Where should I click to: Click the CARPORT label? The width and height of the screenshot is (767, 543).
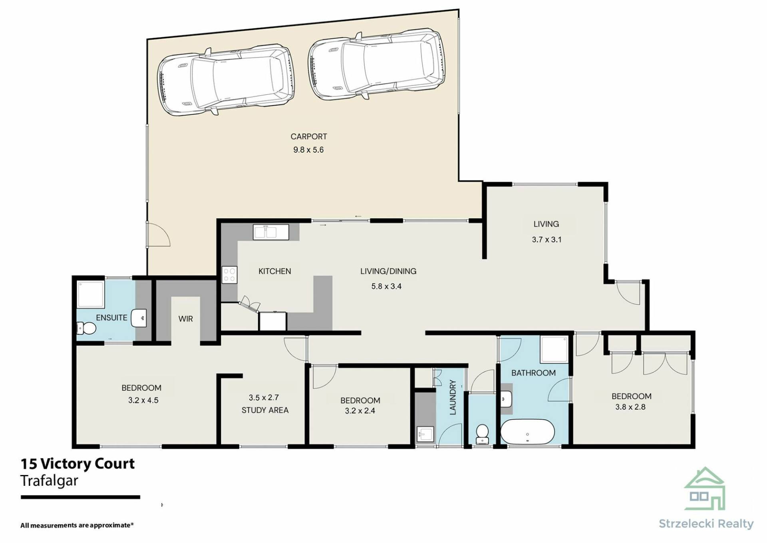(308, 136)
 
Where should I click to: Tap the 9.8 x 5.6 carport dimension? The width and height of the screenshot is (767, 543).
(308, 150)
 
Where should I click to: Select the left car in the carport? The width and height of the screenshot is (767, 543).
(226, 82)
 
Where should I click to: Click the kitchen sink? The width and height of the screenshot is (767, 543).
(271, 232)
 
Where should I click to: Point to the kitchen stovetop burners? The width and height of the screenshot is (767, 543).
(229, 275)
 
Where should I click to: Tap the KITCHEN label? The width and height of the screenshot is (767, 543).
(275, 271)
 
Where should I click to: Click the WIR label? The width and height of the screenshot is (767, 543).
(185, 319)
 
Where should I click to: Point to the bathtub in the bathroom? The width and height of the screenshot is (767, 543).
(527, 432)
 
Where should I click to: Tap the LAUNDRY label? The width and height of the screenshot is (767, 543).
(453, 397)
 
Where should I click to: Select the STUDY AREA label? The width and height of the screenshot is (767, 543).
(265, 410)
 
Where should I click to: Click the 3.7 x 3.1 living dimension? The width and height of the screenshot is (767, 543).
(546, 240)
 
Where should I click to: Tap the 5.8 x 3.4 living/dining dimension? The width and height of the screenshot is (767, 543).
(386, 286)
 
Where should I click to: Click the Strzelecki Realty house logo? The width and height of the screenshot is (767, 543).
(705, 489)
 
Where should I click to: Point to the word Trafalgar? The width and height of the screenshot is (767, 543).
(49, 480)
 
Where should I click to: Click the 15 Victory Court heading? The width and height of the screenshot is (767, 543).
(78, 464)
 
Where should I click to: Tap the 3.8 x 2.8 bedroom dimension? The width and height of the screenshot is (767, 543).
(630, 407)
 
